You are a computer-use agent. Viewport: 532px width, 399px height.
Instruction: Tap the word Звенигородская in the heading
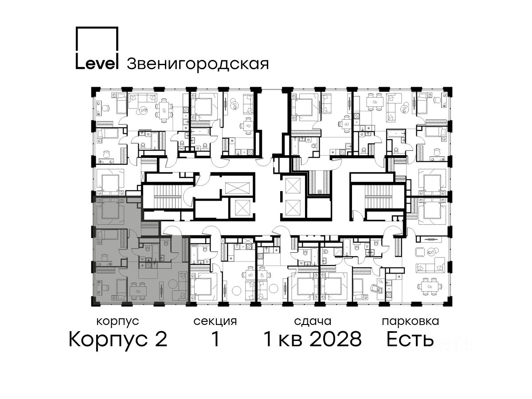click(x=198, y=64)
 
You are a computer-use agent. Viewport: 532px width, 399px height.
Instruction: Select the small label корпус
click(x=118, y=321)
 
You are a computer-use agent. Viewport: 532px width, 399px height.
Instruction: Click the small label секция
click(x=215, y=321)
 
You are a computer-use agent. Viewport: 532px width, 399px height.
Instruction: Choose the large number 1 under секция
click(x=215, y=339)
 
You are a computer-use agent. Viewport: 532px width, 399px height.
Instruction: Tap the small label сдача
click(x=313, y=321)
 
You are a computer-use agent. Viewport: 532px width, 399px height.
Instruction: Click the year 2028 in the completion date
click(x=336, y=339)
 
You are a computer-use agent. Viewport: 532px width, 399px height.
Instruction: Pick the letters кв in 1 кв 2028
click(x=290, y=341)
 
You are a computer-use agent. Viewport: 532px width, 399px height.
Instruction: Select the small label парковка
click(x=411, y=321)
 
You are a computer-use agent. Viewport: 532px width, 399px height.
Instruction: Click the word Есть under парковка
click(x=410, y=339)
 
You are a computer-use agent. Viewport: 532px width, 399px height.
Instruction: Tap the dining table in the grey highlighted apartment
click(x=138, y=291)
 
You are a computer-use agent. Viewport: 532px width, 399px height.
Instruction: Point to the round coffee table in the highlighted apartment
click(x=173, y=283)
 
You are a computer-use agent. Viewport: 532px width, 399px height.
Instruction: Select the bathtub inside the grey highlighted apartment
click(x=155, y=253)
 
